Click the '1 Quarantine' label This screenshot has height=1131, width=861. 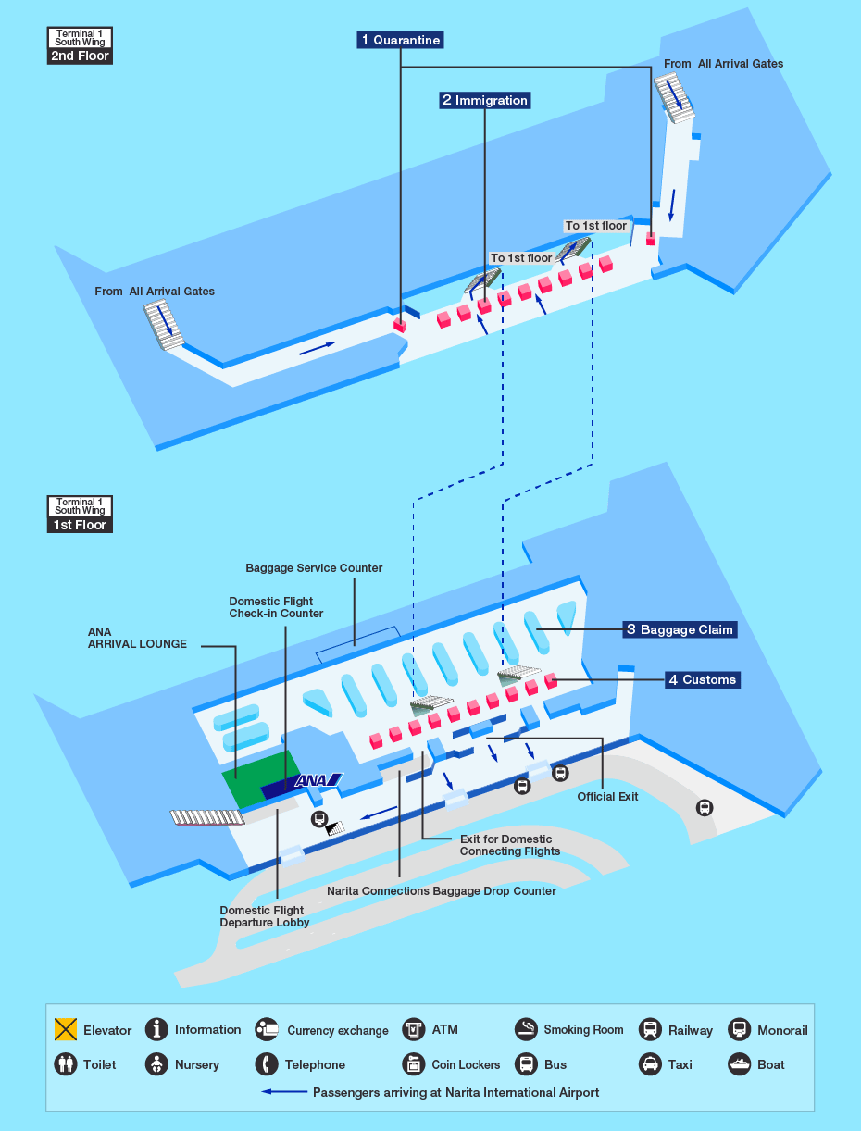pyautogui.click(x=400, y=40)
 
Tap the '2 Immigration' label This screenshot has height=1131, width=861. pyautogui.click(x=485, y=100)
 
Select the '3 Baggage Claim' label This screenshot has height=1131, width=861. pyautogui.click(x=680, y=629)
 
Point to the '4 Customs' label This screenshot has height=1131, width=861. pyautogui.click(x=703, y=679)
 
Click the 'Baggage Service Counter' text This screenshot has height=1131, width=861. pyautogui.click(x=314, y=568)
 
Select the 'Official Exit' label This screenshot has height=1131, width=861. pyautogui.click(x=607, y=797)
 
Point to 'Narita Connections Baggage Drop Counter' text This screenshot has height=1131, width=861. pyautogui.click(x=442, y=891)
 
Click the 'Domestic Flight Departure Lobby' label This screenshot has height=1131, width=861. pyautogui.click(x=265, y=916)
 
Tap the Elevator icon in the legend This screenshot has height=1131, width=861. pyautogui.click(x=66, y=1029)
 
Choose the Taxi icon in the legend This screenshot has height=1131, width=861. pyautogui.click(x=650, y=1064)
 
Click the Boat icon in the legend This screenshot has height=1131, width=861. pyautogui.click(x=740, y=1064)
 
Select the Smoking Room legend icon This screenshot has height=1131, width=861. pyautogui.click(x=526, y=1029)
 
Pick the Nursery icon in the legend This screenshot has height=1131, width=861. pyautogui.click(x=156, y=1064)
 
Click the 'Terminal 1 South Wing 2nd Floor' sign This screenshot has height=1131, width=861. pyautogui.click(x=80, y=45)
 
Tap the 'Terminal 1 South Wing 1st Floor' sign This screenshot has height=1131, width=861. pyautogui.click(x=80, y=515)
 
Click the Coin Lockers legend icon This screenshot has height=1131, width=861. pyautogui.click(x=414, y=1064)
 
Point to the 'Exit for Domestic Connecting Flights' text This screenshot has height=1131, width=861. pyautogui.click(x=509, y=845)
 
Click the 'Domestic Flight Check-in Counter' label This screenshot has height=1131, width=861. pyautogui.click(x=276, y=607)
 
